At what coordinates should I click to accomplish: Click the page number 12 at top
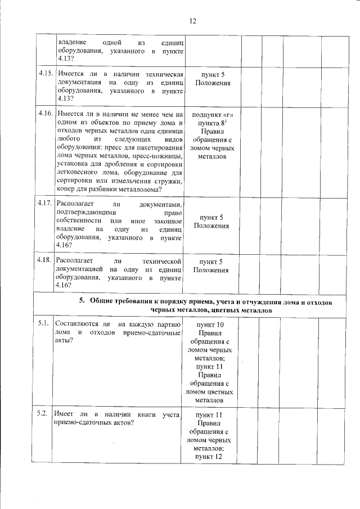tap(193, 21)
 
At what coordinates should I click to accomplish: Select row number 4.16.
tap(46, 113)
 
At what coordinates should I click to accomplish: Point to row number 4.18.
tap(46, 261)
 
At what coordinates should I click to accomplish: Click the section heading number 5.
tap(81, 301)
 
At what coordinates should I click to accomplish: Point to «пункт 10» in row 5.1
tap(211, 325)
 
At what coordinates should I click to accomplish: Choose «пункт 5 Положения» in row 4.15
tap(211, 79)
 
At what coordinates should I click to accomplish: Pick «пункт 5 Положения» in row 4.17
tap(211, 221)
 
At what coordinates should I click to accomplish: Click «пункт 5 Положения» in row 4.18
tap(211, 265)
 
